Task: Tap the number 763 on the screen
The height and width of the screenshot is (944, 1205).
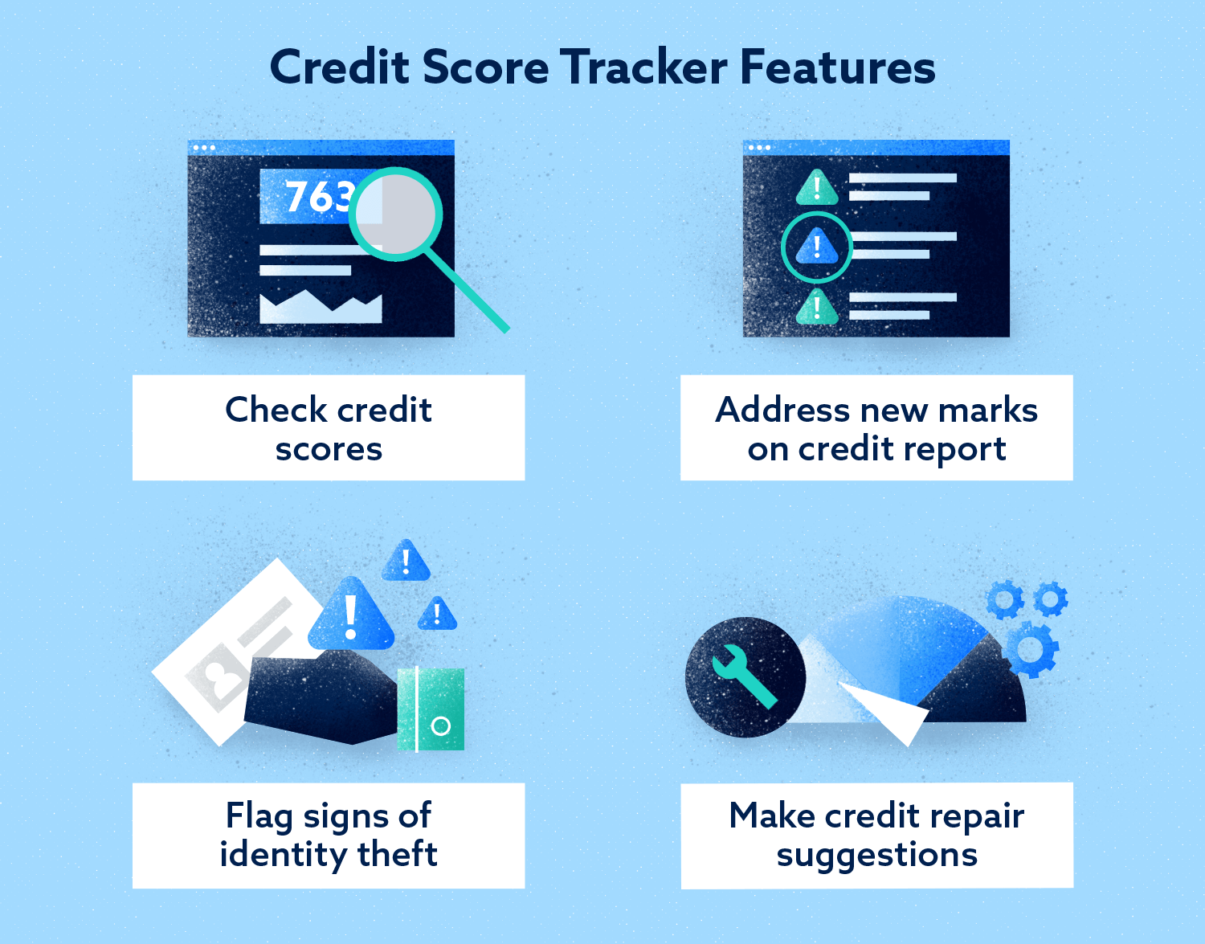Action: pyautogui.click(x=317, y=197)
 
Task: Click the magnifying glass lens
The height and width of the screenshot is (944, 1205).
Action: pyautogui.click(x=398, y=213)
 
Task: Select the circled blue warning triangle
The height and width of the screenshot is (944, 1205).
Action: pyautogui.click(x=817, y=247)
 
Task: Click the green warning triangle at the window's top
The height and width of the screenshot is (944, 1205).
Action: pyautogui.click(x=817, y=188)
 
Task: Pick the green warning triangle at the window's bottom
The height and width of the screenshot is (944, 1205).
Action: pyautogui.click(x=817, y=308)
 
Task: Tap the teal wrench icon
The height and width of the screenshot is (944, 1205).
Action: pyautogui.click(x=744, y=675)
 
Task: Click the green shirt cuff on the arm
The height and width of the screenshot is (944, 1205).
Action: pyautogui.click(x=431, y=709)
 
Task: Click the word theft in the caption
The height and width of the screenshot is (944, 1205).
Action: pyautogui.click(x=397, y=854)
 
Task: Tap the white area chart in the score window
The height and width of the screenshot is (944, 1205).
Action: pyautogui.click(x=321, y=308)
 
